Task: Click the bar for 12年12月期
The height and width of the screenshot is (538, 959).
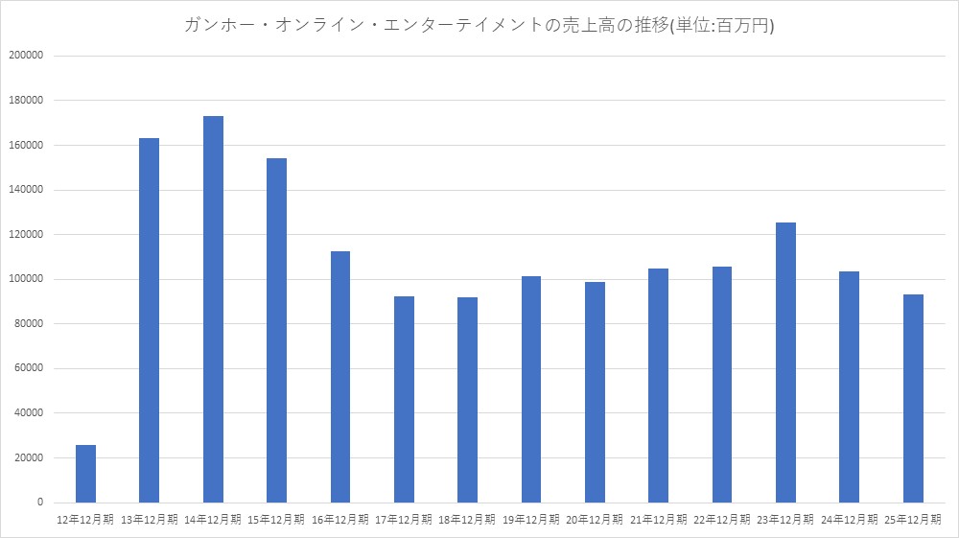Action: tap(85, 474)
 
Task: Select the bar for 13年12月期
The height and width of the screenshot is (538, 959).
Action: tap(149, 320)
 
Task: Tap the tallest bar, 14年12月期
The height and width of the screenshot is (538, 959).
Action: tap(213, 309)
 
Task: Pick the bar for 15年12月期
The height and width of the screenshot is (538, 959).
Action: tap(276, 330)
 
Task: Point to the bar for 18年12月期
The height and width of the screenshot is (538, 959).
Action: tap(467, 400)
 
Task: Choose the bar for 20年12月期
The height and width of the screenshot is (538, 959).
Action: tap(595, 392)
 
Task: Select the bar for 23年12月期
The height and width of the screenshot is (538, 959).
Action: tap(785, 363)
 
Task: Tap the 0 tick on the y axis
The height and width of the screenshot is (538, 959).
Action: tap(40, 503)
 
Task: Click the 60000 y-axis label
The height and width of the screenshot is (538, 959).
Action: tap(28, 368)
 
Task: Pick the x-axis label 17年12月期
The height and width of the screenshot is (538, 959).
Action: tap(404, 519)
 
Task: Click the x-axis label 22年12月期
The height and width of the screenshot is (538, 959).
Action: tap(722, 519)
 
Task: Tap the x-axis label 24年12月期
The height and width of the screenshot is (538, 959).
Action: tap(850, 519)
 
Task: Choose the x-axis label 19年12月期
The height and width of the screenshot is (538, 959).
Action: tap(531, 519)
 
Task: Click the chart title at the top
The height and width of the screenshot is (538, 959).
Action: tap(479, 25)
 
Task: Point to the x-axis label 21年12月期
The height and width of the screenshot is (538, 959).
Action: tap(659, 519)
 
